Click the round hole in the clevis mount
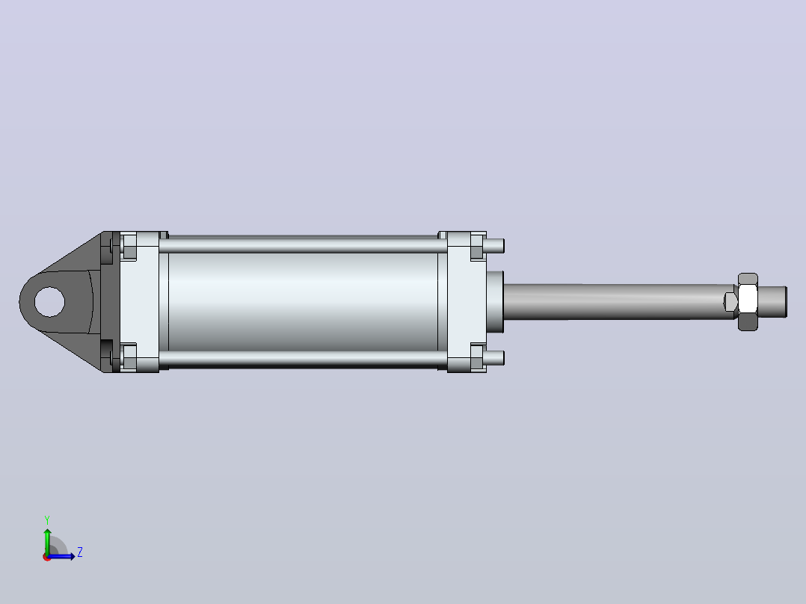pos(49,302)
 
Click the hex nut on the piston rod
pos(748,302)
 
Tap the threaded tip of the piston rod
pos(772,302)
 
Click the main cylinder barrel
pos(304,302)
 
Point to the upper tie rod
pos(304,245)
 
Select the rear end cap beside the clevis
pos(139,302)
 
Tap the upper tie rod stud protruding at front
pos(494,246)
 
